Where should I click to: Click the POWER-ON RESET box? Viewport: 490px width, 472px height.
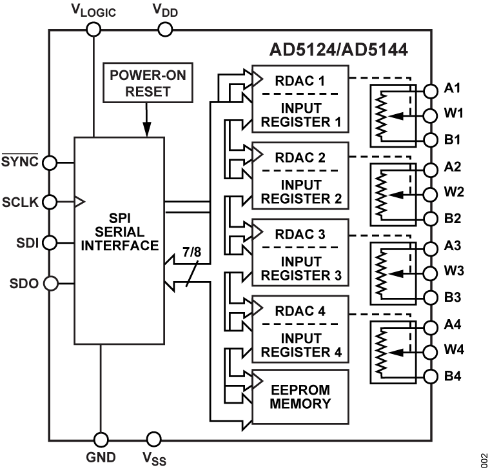click(148, 83)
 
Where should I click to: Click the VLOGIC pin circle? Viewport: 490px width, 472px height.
click(94, 29)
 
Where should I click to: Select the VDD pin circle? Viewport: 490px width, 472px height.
click(165, 29)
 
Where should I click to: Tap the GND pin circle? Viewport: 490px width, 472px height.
click(101, 440)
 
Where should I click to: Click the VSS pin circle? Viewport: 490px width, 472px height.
click(153, 440)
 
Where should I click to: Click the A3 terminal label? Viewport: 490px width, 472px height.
click(453, 246)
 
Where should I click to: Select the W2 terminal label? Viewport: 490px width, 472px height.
click(454, 193)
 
